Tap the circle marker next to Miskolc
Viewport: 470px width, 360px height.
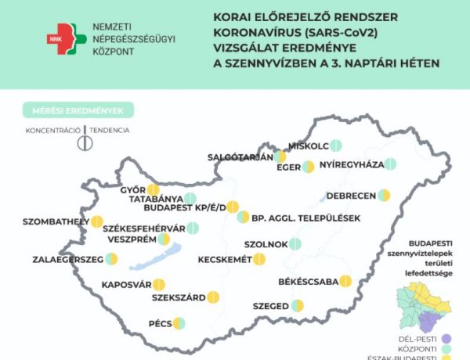(x=335, y=145)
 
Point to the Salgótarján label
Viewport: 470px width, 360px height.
(x=240, y=157)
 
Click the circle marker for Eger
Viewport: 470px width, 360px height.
(x=309, y=167)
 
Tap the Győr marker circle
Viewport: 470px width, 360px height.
(x=154, y=189)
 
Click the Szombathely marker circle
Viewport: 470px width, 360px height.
(x=96, y=221)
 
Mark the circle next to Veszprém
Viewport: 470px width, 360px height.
(x=163, y=239)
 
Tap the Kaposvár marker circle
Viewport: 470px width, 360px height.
(x=158, y=285)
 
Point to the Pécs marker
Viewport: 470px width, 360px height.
(x=179, y=322)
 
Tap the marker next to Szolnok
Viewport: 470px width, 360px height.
(x=295, y=244)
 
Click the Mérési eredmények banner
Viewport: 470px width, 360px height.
(x=78, y=110)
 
